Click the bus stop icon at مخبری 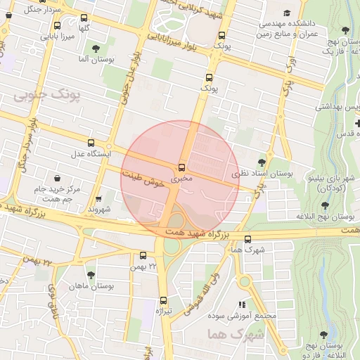coord(182,167)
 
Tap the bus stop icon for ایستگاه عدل coord(90,143)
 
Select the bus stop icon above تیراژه coord(164,300)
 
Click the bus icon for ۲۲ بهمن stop coord(143,256)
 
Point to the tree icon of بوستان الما coord(96,49)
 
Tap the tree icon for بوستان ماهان coord(91,275)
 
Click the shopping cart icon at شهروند coord(98,199)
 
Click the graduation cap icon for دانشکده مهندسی coord(287,13)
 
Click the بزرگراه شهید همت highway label coord(197,233)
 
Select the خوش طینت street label coord(143,179)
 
